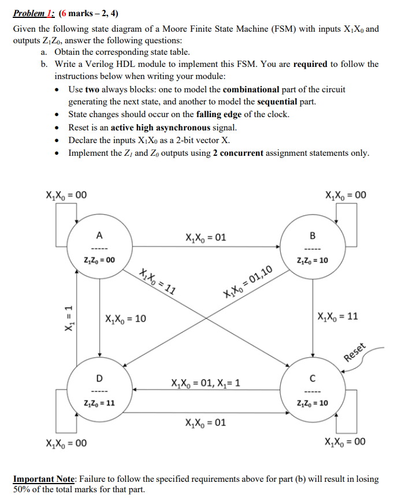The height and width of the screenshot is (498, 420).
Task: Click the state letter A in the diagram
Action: point(99,235)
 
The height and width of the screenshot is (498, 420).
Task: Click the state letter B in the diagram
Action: point(313,235)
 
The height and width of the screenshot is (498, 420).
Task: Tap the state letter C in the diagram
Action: point(313,378)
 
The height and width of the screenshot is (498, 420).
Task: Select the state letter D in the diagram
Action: point(99,378)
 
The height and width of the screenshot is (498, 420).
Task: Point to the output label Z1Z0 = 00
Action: point(99,260)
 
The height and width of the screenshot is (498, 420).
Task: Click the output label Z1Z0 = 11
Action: point(99,403)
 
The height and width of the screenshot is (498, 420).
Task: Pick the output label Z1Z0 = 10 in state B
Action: point(313,260)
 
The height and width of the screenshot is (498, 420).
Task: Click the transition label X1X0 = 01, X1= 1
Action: point(206,383)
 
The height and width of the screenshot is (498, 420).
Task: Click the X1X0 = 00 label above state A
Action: point(66,194)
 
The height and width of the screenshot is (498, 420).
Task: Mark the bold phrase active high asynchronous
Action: point(162,128)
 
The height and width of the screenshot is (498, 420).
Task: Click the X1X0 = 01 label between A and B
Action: point(206,237)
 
